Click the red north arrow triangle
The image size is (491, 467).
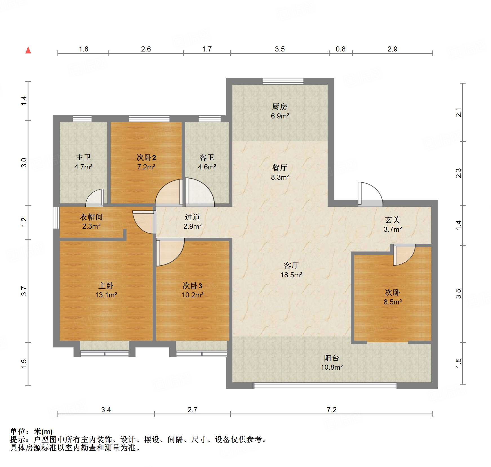pyautogui.click(x=28, y=50)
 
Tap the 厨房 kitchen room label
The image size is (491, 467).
pyautogui.click(x=279, y=107)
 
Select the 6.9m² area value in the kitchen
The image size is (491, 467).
pyautogui.click(x=280, y=116)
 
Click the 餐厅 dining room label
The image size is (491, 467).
pyautogui.click(x=279, y=168)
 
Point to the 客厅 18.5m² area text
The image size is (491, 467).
pyautogui.click(x=291, y=275)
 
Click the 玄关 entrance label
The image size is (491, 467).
pyautogui.click(x=392, y=220)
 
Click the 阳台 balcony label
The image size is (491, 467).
pyautogui.click(x=331, y=358)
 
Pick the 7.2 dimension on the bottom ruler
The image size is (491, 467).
pyautogui.click(x=332, y=410)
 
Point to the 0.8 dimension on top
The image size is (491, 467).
pyautogui.click(x=340, y=49)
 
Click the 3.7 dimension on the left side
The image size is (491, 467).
pyautogui.click(x=24, y=291)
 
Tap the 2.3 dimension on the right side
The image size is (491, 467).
pyautogui.click(x=459, y=173)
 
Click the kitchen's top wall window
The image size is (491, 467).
pyautogui.click(x=283, y=81)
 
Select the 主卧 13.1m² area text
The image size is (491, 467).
pyautogui.click(x=106, y=295)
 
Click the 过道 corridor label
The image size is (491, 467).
pyautogui.click(x=192, y=217)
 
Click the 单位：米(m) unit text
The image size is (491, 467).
pyautogui.click(x=31, y=431)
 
